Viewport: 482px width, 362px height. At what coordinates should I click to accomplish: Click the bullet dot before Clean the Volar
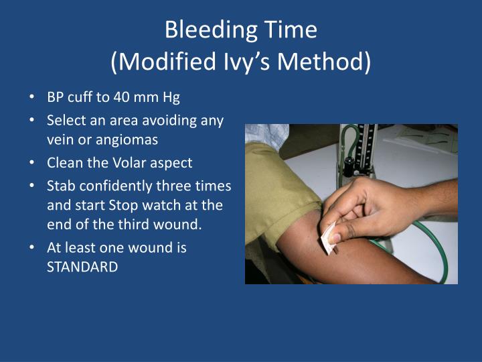[x=32, y=163]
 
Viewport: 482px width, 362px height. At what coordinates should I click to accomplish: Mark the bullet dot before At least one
[x=32, y=247]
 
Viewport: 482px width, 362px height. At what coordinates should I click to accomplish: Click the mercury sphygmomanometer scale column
[x=366, y=151]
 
